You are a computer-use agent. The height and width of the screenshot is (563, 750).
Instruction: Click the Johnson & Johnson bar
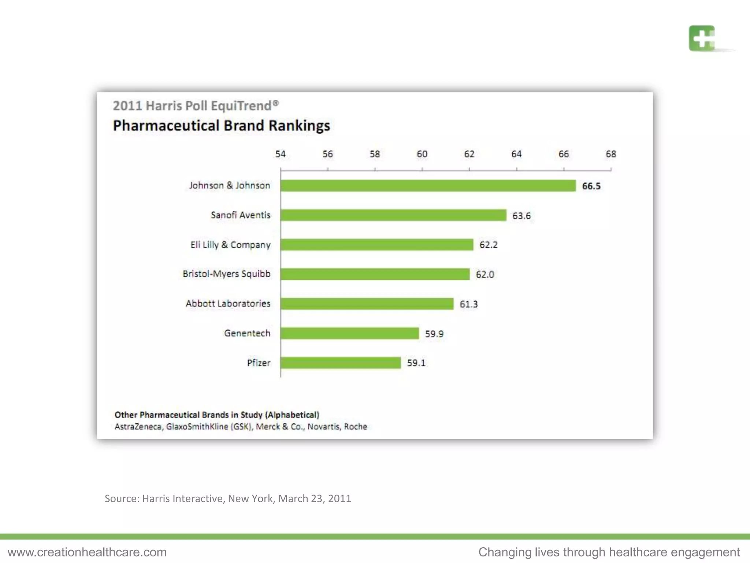pyautogui.click(x=428, y=185)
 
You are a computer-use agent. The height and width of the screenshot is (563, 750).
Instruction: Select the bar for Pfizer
pyautogui.click(x=341, y=363)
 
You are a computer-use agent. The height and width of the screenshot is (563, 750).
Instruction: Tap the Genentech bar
pyautogui.click(x=350, y=333)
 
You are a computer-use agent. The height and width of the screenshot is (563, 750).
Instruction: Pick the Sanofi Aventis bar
pyautogui.click(x=393, y=215)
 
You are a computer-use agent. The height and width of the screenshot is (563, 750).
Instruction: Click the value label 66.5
pyautogui.click(x=591, y=186)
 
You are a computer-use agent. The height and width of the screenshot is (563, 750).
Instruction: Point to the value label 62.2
pyautogui.click(x=488, y=245)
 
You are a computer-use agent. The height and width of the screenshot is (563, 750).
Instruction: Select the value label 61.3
pyautogui.click(x=468, y=304)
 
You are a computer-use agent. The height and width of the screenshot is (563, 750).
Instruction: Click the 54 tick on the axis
pyautogui.click(x=281, y=154)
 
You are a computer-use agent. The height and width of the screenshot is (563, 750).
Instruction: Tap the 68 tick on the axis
pyautogui.click(x=610, y=154)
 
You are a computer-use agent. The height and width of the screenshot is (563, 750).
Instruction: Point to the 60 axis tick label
pyautogui.click(x=422, y=154)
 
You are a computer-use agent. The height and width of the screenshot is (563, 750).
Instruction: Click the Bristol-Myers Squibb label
pyautogui.click(x=226, y=274)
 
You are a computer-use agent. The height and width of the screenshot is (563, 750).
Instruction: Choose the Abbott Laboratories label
pyautogui.click(x=228, y=303)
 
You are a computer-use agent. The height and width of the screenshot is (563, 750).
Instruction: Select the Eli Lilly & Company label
pyautogui.click(x=230, y=245)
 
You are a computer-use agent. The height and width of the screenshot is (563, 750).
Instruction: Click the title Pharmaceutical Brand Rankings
pyautogui.click(x=221, y=126)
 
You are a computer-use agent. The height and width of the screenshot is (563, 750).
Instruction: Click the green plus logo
pyautogui.click(x=701, y=38)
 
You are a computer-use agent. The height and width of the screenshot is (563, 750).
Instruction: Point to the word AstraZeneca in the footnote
pyautogui.click(x=138, y=427)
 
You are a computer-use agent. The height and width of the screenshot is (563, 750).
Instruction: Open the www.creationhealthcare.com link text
pyautogui.click(x=87, y=552)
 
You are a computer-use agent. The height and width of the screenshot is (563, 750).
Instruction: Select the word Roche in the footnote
pyautogui.click(x=355, y=427)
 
